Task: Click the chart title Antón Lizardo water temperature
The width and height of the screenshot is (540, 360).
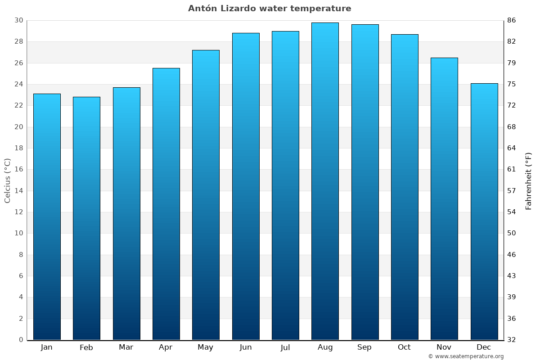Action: [x=270, y=9]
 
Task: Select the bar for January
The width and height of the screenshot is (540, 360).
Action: [x=47, y=216]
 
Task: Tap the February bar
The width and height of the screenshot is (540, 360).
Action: [x=86, y=218]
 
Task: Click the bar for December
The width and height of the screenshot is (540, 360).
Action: [x=484, y=211]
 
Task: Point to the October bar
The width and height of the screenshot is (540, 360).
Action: [x=405, y=187]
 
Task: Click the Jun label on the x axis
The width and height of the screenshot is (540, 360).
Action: [x=246, y=347]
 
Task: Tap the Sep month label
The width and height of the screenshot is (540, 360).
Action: [x=364, y=347]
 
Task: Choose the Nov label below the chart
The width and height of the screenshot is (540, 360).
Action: [x=444, y=347]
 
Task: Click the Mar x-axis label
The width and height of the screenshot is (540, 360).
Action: [x=126, y=347]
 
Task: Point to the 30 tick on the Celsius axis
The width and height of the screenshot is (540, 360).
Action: [x=18, y=20]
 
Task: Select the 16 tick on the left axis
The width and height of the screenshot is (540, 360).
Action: [x=18, y=170]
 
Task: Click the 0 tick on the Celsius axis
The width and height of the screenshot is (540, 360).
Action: [x=21, y=340]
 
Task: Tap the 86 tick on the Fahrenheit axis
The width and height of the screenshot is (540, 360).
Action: [x=512, y=20]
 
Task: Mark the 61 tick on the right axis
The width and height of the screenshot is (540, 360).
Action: [x=512, y=170]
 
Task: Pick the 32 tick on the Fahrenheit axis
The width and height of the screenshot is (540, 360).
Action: [x=512, y=340]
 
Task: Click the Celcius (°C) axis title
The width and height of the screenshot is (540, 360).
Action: [x=7, y=180]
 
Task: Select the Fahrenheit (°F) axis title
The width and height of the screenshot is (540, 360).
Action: [x=529, y=180]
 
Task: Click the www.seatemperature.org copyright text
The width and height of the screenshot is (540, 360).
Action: [x=466, y=356]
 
